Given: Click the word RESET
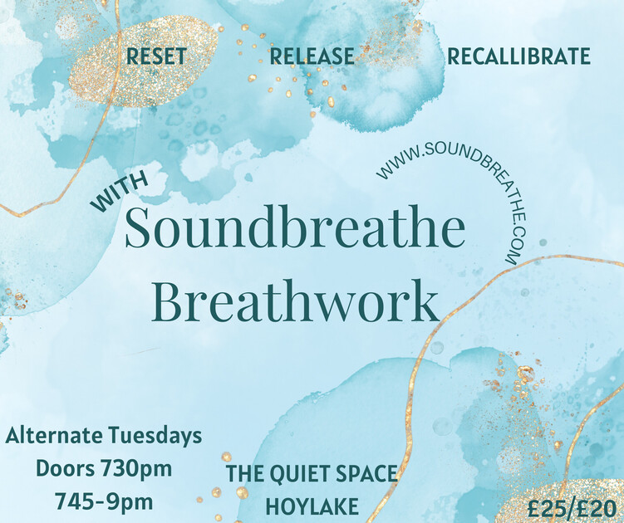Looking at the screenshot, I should [x=156, y=57].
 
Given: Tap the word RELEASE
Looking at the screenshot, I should [x=312, y=57].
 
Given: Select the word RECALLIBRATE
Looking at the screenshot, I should [x=518, y=57].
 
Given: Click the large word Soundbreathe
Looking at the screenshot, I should [x=294, y=230].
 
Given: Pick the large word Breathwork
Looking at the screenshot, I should [x=297, y=303].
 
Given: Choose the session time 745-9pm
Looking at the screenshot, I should [x=104, y=501].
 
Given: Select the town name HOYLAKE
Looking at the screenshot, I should [x=312, y=506].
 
